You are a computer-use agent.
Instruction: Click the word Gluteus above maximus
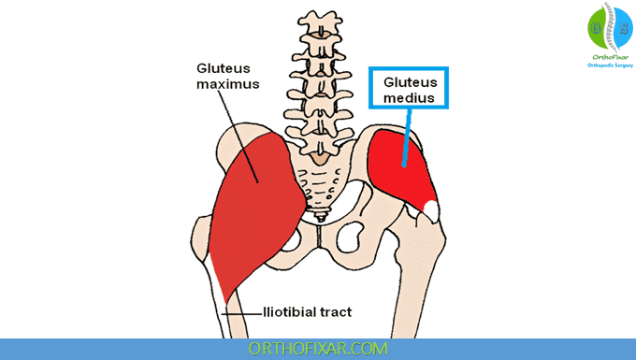tap(224, 68)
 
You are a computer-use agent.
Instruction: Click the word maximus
tap(228, 84)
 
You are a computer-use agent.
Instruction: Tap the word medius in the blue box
tap(409, 97)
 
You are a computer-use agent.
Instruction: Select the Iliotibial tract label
tap(308, 312)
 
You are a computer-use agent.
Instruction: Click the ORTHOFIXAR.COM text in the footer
tap(318, 349)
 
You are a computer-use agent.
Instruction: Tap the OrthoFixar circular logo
tap(611, 27)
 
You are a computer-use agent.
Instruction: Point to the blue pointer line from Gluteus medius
tap(407, 137)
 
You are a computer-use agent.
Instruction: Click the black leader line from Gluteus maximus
tap(238, 137)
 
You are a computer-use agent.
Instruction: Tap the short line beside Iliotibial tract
tap(242, 314)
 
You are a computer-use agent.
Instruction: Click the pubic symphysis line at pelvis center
tap(319, 237)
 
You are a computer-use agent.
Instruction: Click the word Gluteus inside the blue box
tap(411, 82)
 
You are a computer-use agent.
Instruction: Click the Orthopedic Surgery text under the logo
tap(610, 65)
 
